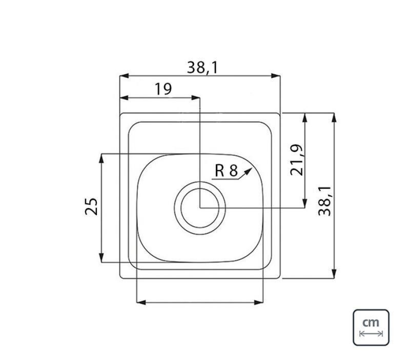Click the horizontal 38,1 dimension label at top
click(x=202, y=68)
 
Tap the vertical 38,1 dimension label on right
click(x=324, y=201)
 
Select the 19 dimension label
click(x=163, y=89)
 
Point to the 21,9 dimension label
click(x=297, y=160)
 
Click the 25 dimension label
click(x=91, y=206)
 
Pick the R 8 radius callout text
click(x=226, y=171)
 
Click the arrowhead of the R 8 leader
click(x=248, y=172)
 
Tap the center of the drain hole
click(x=200, y=208)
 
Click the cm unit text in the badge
click(x=371, y=323)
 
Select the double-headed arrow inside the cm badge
click(x=371, y=333)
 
